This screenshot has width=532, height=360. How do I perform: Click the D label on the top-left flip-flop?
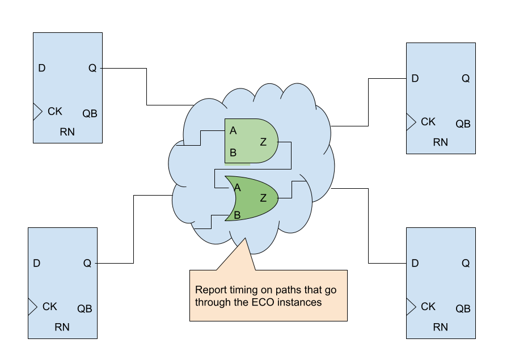(41, 69)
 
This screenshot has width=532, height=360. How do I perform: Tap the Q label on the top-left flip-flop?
(92, 69)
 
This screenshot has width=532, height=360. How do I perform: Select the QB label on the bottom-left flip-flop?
(85, 309)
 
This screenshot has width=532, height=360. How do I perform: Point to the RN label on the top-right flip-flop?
(440, 142)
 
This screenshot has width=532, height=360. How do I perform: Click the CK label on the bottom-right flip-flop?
(428, 307)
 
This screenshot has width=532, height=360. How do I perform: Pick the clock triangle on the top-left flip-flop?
(37, 112)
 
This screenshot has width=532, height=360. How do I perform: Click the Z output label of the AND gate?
(263, 142)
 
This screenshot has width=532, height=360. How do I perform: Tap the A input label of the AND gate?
(233, 131)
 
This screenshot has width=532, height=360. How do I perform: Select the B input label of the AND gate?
(233, 153)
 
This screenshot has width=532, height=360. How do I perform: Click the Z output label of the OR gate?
(263, 198)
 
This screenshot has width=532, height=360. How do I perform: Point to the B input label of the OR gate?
(237, 215)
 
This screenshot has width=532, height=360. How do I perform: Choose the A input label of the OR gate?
(237, 187)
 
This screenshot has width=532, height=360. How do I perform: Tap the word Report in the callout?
(210, 290)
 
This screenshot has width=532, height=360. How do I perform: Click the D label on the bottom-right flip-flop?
(415, 264)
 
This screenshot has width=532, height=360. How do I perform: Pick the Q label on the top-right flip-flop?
(465, 79)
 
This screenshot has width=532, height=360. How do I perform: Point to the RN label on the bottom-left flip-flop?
(62, 327)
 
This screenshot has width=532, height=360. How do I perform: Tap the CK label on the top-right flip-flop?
(428, 122)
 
